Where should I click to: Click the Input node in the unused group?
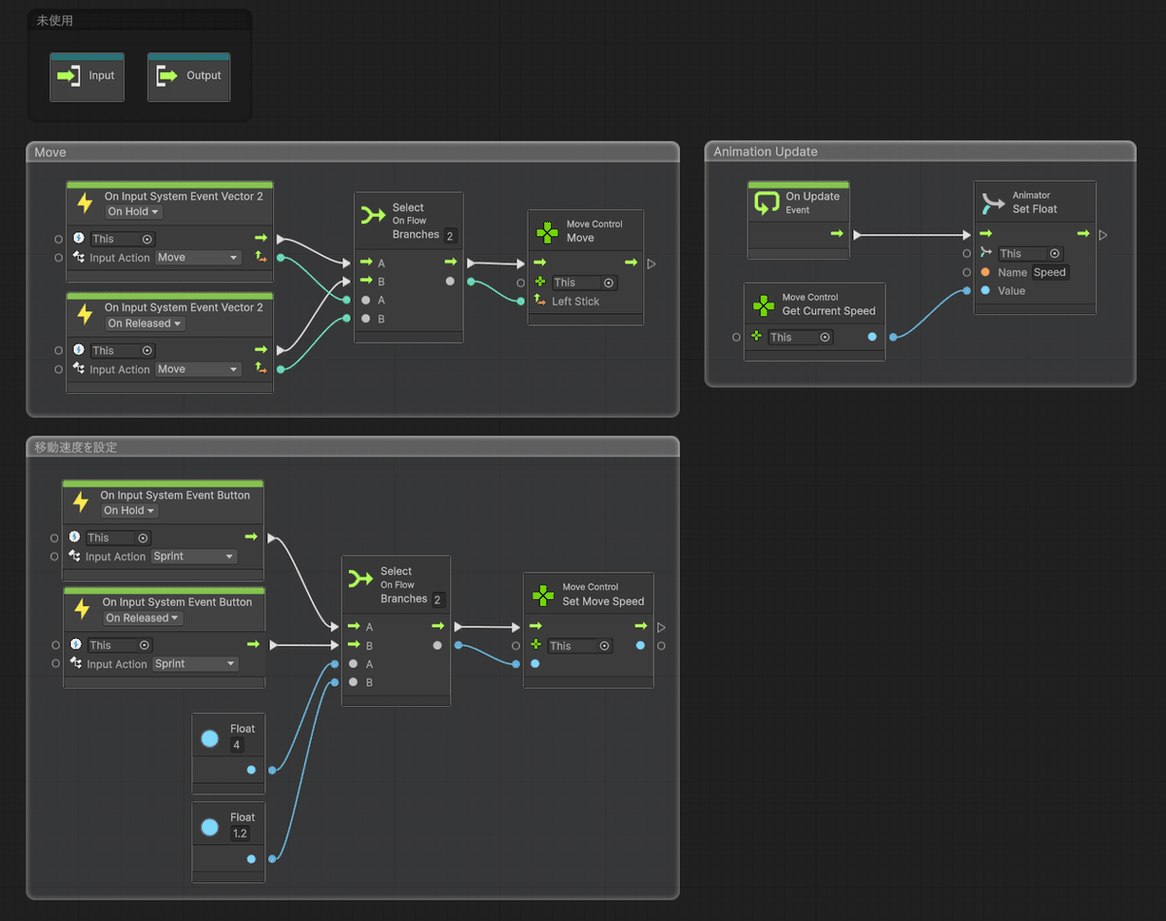86,77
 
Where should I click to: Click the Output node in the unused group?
189,77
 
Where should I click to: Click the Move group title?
50,153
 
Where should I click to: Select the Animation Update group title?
765,152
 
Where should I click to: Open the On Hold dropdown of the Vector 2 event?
133,212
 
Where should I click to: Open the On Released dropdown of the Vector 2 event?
144,323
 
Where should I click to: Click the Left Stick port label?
575,301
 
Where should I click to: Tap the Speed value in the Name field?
1049,272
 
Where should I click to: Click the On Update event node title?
812,196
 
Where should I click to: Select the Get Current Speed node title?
829,311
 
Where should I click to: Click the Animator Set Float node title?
1034,209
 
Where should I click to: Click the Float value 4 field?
237,745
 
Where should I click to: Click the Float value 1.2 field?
239,833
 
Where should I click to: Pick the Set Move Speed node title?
603,601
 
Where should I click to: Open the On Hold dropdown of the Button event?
129,511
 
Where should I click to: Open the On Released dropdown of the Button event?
142,618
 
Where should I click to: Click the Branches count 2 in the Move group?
450,236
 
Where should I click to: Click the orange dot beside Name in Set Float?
985,272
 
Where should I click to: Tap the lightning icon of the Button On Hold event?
82,502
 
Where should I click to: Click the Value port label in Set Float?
1012,291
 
